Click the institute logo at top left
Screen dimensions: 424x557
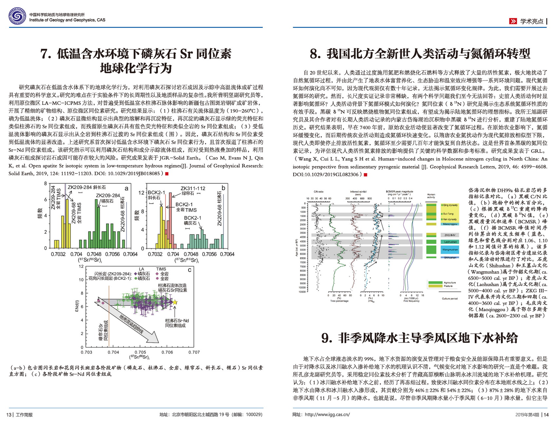pyautogui.click(x=17, y=16)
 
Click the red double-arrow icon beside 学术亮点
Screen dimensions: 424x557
pyautogui.click(x=513, y=21)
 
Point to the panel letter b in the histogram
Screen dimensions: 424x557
pyautogui.click(x=223, y=188)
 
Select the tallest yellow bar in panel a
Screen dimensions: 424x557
pyautogui.click(x=67, y=223)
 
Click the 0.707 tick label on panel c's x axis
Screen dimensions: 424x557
pyautogui.click(x=194, y=352)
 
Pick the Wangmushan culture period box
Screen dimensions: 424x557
pyautogui.click(x=450, y=249)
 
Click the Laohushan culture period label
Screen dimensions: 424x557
pyautogui.click(x=450, y=242)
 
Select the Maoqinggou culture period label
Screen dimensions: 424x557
pyautogui.click(x=450, y=224)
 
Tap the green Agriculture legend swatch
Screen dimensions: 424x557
pyautogui.click(x=435, y=282)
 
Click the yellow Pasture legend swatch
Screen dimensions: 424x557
pyautogui.click(x=435, y=286)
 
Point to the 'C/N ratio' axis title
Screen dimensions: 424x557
pyautogui.click(x=318, y=192)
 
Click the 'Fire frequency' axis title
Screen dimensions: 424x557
pyautogui.click(x=411, y=301)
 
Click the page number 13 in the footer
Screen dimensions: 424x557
pyautogui.click(x=9, y=415)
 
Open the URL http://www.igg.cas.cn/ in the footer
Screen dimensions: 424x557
pyautogui.click(x=327, y=415)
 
